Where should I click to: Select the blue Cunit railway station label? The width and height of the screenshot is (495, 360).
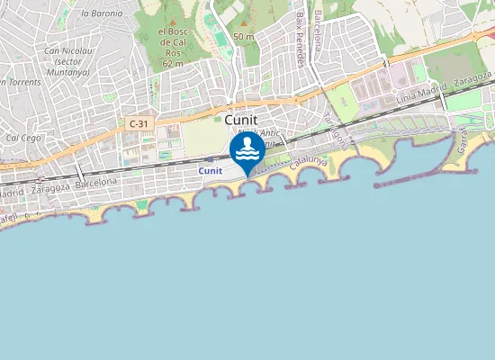click(211, 170)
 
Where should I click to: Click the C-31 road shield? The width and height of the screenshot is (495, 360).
click(139, 123)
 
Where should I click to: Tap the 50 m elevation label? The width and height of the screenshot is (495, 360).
click(243, 36)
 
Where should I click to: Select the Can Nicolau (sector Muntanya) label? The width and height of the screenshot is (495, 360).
click(68, 60)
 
